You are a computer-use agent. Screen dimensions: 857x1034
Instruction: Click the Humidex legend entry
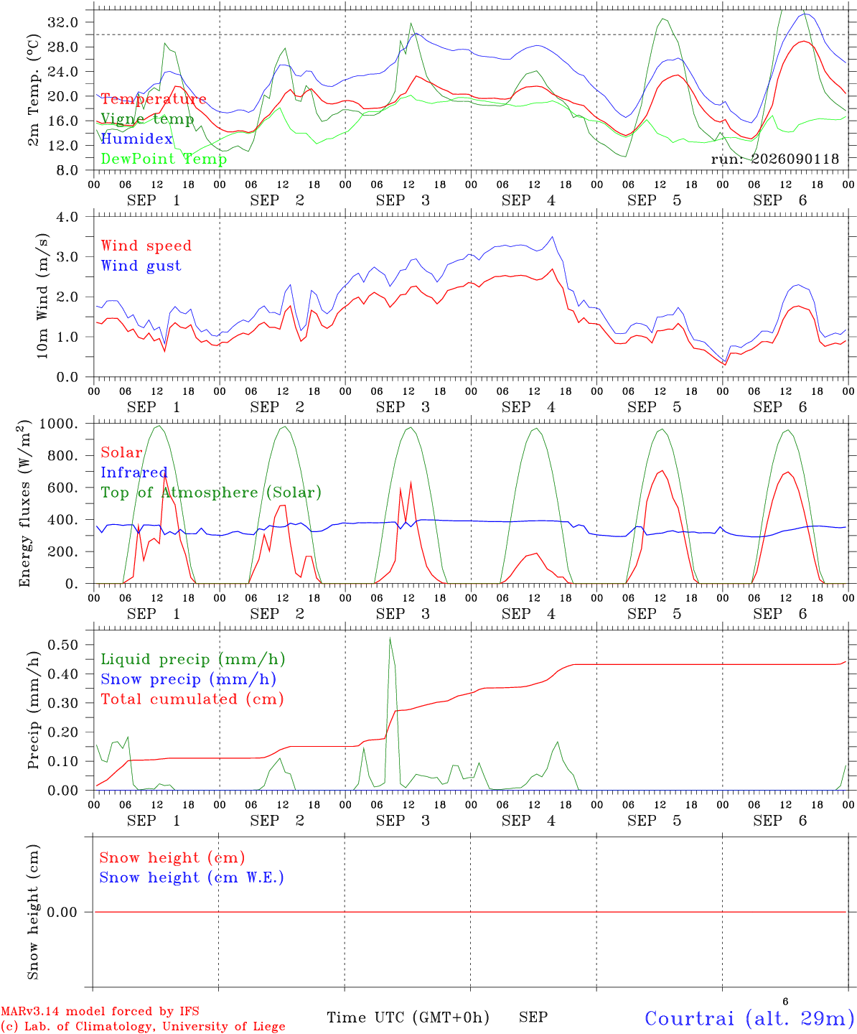click(x=136, y=139)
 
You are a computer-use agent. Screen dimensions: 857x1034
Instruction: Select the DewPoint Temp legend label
click(x=164, y=159)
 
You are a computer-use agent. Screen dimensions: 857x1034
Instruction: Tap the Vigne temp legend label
click(x=148, y=119)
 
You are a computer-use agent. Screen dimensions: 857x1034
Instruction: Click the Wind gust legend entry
click(x=141, y=266)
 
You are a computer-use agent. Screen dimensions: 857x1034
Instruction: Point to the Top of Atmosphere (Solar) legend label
click(x=212, y=493)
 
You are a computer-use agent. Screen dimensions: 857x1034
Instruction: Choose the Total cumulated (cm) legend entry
click(x=192, y=699)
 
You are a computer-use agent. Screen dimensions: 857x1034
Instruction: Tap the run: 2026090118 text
click(x=774, y=159)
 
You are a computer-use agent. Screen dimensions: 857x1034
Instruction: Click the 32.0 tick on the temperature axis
click(x=63, y=22)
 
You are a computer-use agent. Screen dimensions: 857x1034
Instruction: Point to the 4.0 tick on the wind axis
click(x=67, y=217)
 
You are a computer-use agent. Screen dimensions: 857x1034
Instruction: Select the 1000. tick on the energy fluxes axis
click(x=59, y=424)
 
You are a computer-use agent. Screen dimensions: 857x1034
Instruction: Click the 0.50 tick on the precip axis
click(x=63, y=645)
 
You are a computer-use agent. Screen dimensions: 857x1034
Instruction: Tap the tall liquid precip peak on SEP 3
click(x=390, y=638)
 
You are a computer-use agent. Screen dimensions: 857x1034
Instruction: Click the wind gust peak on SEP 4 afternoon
click(x=553, y=237)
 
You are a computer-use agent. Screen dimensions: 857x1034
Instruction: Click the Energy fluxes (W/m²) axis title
click(x=24, y=503)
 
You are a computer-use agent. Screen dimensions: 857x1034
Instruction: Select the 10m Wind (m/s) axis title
click(x=42, y=296)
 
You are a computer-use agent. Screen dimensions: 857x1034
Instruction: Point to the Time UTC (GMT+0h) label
click(x=408, y=1017)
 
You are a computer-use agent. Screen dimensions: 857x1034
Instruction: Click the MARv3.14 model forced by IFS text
click(x=100, y=1011)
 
